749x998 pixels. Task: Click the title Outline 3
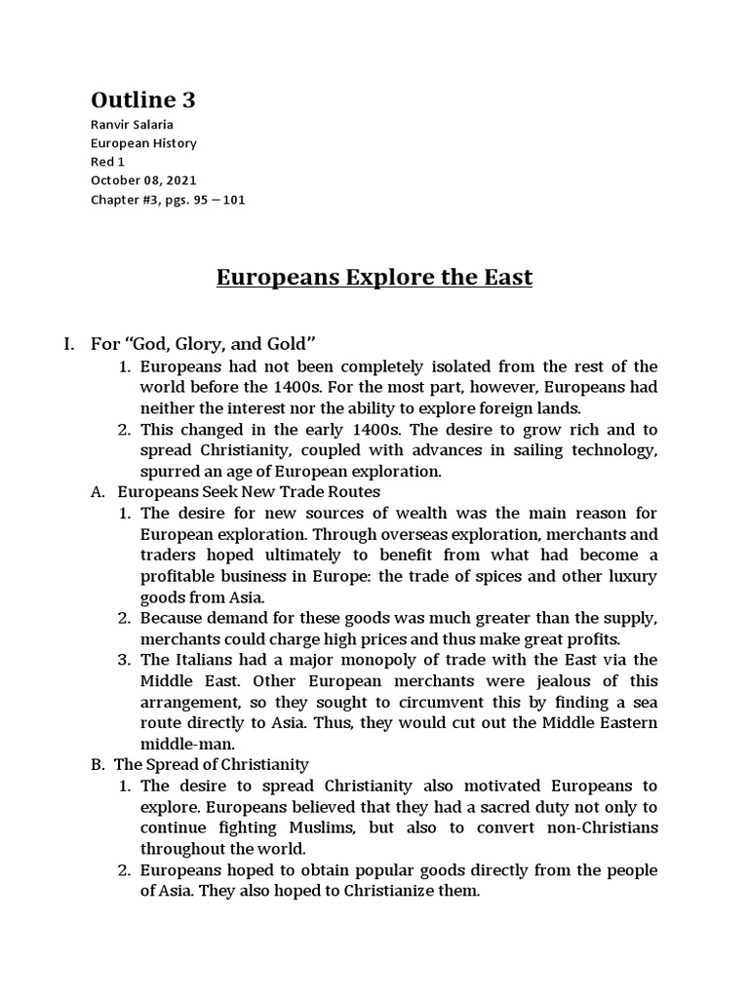(149, 100)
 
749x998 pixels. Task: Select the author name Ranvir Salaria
(135, 126)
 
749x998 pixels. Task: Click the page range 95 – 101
(224, 199)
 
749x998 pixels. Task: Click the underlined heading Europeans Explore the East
(374, 277)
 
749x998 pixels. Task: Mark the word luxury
(632, 576)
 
